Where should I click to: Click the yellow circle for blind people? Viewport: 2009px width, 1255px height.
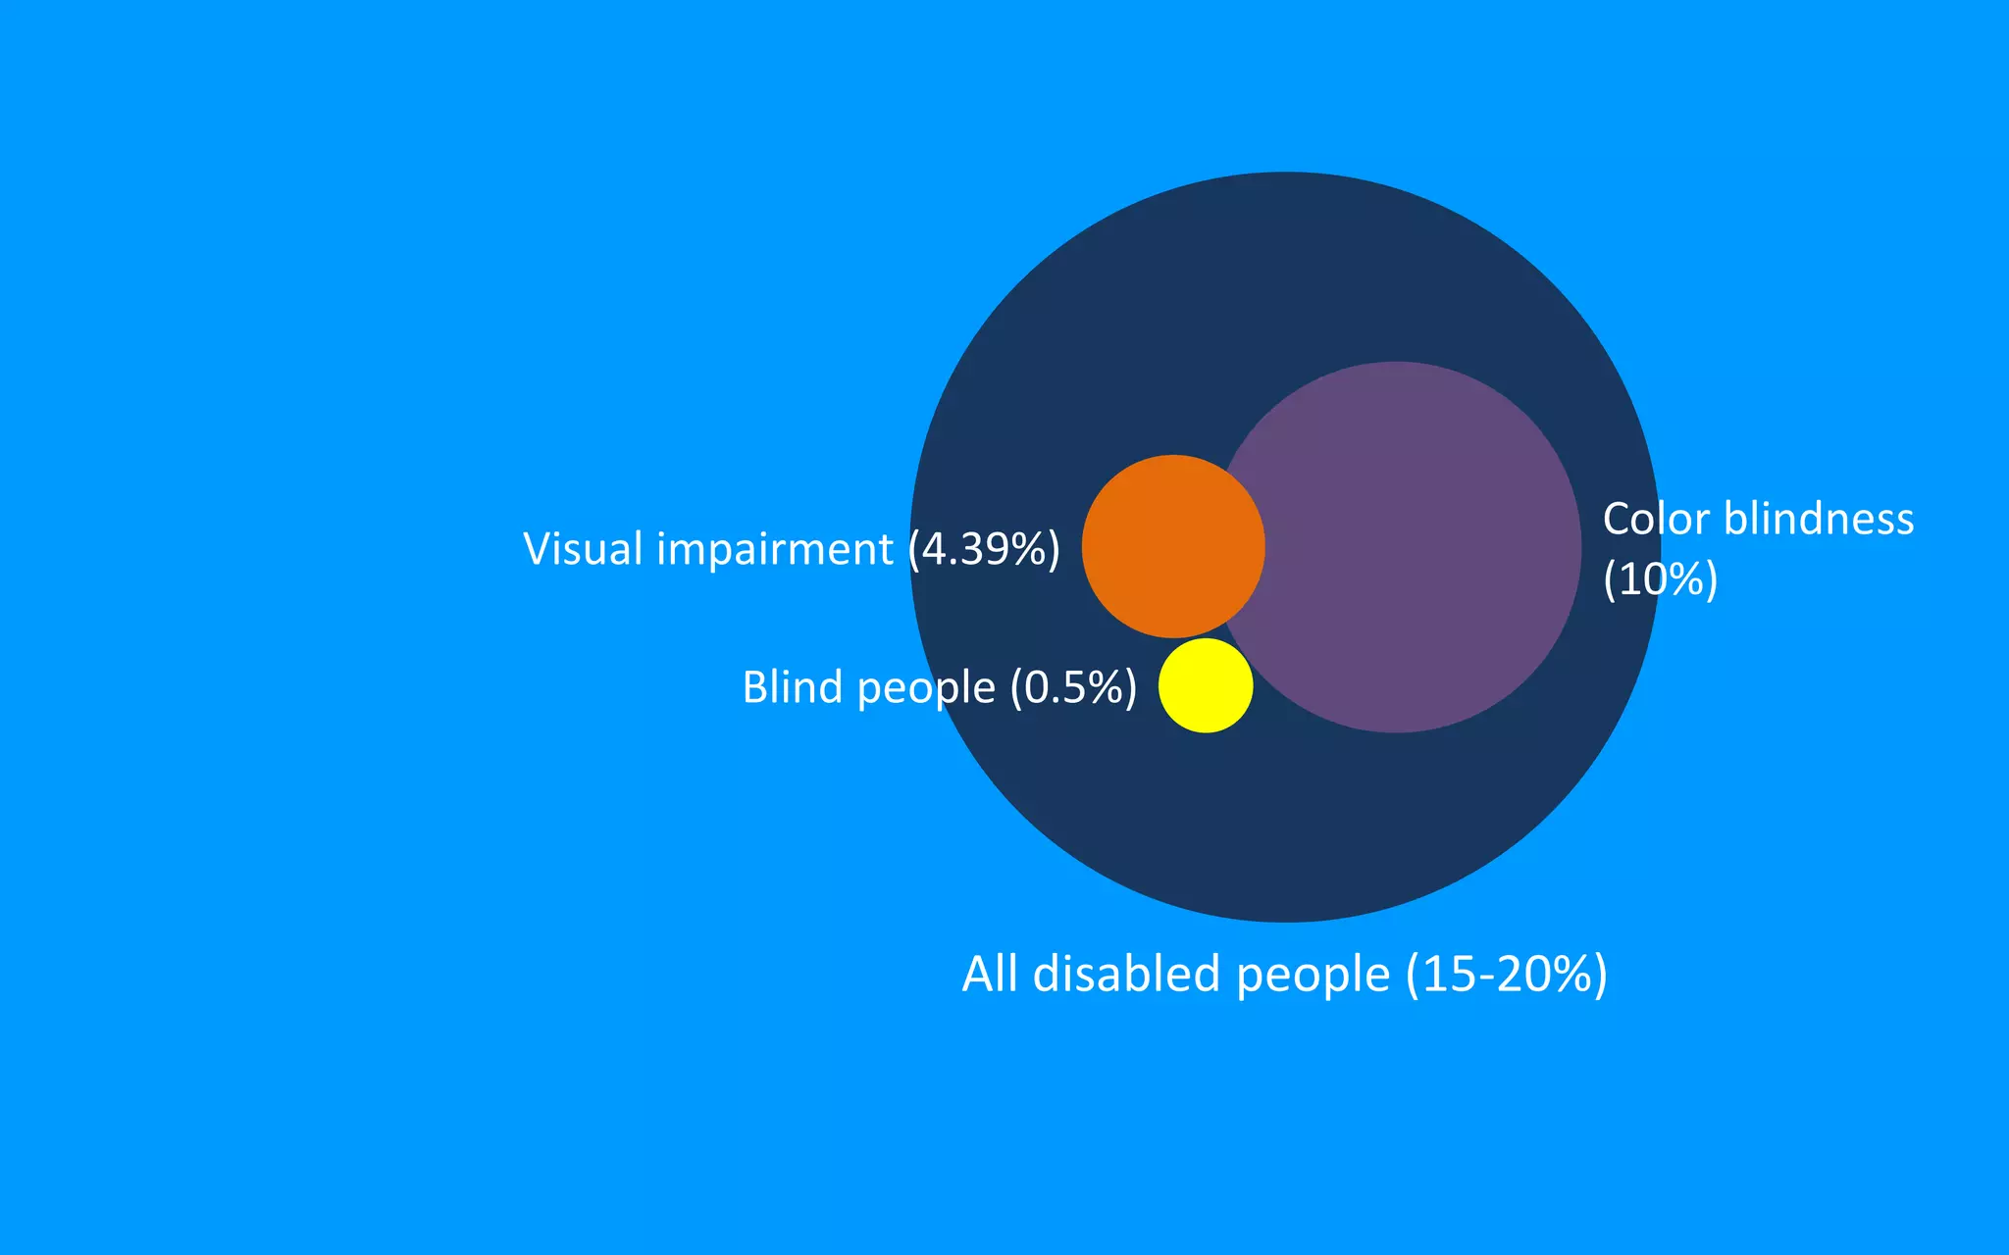(1206, 685)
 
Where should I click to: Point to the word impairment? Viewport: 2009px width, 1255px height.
(775, 550)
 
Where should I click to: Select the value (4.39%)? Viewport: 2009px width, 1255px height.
(984, 549)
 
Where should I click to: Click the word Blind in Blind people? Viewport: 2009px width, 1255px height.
(793, 686)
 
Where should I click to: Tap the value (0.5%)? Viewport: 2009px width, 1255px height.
(1073, 687)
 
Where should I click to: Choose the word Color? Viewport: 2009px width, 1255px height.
(1656, 519)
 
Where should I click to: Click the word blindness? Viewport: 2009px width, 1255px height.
(1819, 519)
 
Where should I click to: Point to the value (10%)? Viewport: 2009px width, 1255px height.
(1660, 579)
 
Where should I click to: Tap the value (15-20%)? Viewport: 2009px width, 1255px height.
(1507, 974)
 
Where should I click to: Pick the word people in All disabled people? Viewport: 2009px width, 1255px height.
(1313, 976)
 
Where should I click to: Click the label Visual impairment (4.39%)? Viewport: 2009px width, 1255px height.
(792, 549)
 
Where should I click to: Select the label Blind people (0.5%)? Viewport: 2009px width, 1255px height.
(940, 687)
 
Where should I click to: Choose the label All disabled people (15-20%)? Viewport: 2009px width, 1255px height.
(1284, 974)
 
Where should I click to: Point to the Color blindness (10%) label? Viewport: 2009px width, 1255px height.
(1758, 548)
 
